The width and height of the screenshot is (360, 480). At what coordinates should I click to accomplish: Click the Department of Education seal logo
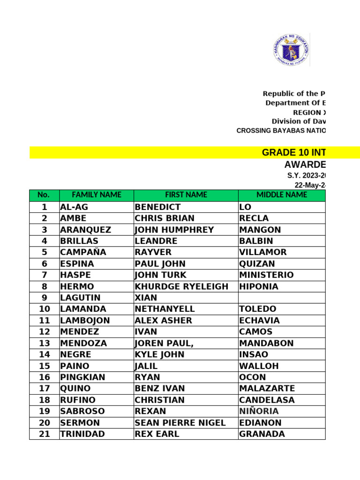(291, 50)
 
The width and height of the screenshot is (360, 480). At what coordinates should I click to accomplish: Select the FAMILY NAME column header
(96, 195)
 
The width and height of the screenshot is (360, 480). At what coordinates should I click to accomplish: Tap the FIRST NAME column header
(186, 195)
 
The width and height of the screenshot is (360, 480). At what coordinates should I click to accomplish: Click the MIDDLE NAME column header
(282, 195)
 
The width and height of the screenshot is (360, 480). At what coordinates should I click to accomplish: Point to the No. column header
(44, 195)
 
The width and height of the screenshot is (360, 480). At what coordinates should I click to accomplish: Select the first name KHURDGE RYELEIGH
(181, 286)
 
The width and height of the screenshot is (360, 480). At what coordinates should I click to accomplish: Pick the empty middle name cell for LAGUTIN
(281, 298)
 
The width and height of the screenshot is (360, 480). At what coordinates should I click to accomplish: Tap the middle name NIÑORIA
(259, 411)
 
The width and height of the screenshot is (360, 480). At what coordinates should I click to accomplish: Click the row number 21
(44, 434)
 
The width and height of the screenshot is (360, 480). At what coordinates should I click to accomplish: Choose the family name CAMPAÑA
(83, 252)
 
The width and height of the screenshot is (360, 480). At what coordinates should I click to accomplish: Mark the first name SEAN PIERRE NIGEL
(180, 423)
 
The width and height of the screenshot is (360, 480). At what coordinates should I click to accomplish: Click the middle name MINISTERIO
(266, 275)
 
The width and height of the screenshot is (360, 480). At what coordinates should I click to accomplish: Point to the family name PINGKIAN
(82, 377)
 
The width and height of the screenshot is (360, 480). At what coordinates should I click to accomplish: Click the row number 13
(44, 343)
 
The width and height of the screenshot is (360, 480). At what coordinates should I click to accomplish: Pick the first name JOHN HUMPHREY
(174, 230)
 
